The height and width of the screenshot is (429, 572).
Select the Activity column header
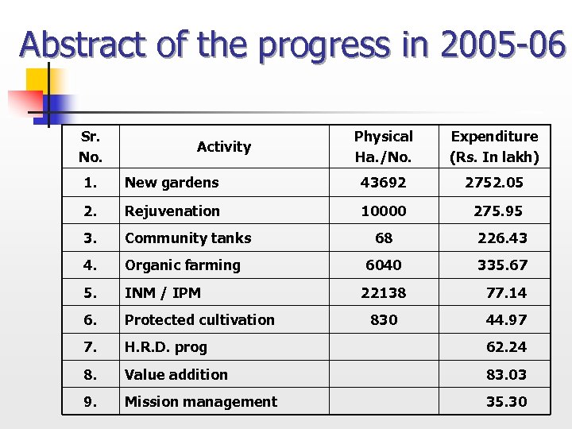[x=223, y=146]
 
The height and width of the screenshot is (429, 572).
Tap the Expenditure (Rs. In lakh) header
[x=494, y=146]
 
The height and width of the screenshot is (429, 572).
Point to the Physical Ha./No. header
[x=383, y=146]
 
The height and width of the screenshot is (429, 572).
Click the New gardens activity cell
[x=172, y=183]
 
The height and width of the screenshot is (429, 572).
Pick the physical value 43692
[x=383, y=183]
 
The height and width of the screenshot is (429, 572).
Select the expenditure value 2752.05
[x=494, y=183]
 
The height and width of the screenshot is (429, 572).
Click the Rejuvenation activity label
[x=172, y=211]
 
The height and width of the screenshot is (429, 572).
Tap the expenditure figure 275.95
[x=498, y=211]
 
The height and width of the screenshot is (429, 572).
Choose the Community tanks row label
[x=187, y=238]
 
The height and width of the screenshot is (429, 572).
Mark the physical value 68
[x=384, y=238]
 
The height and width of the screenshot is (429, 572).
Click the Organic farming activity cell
[x=182, y=265]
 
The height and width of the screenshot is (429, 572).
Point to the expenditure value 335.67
[x=502, y=265]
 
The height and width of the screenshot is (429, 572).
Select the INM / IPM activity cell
[x=163, y=292]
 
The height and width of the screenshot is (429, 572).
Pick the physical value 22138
[x=383, y=292]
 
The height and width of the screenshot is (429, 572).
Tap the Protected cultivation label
[x=199, y=320]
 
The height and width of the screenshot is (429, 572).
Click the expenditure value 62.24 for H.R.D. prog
[x=506, y=347]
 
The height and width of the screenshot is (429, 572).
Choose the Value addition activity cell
[x=176, y=374]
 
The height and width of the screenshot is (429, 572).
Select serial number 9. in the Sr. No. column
[x=91, y=402]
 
